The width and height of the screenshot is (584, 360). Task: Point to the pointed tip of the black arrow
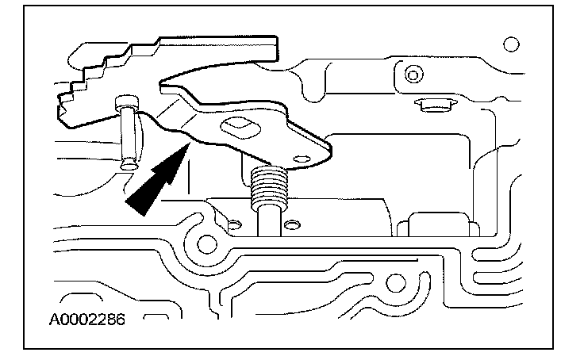pyautogui.click(x=190, y=142)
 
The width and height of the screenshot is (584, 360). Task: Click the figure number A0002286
pyautogui.click(x=87, y=320)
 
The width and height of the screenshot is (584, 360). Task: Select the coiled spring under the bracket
pyautogui.click(x=269, y=187)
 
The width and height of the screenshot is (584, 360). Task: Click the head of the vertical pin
pyautogui.click(x=127, y=102)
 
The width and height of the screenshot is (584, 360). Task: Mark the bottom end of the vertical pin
pyautogui.click(x=129, y=164)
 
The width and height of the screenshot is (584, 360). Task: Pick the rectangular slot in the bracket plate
pyautogui.click(x=240, y=128)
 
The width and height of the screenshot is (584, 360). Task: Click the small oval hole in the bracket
pyautogui.click(x=302, y=159)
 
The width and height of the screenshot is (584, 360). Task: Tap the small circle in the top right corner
pyautogui.click(x=511, y=44)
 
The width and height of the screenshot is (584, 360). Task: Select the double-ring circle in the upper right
pyautogui.click(x=413, y=75)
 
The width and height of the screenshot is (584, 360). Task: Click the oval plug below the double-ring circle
pyautogui.click(x=435, y=105)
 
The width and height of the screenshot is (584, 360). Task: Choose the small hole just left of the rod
pyautogui.click(x=235, y=225)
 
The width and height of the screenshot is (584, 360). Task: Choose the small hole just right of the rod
pyautogui.click(x=292, y=225)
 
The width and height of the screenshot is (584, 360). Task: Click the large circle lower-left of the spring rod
pyautogui.click(x=207, y=244)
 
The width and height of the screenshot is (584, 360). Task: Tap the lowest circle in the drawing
pyautogui.click(x=395, y=283)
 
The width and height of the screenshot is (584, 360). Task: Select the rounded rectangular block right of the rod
pyautogui.click(x=438, y=224)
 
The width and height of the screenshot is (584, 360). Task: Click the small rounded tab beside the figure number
pyautogui.click(x=156, y=317)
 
